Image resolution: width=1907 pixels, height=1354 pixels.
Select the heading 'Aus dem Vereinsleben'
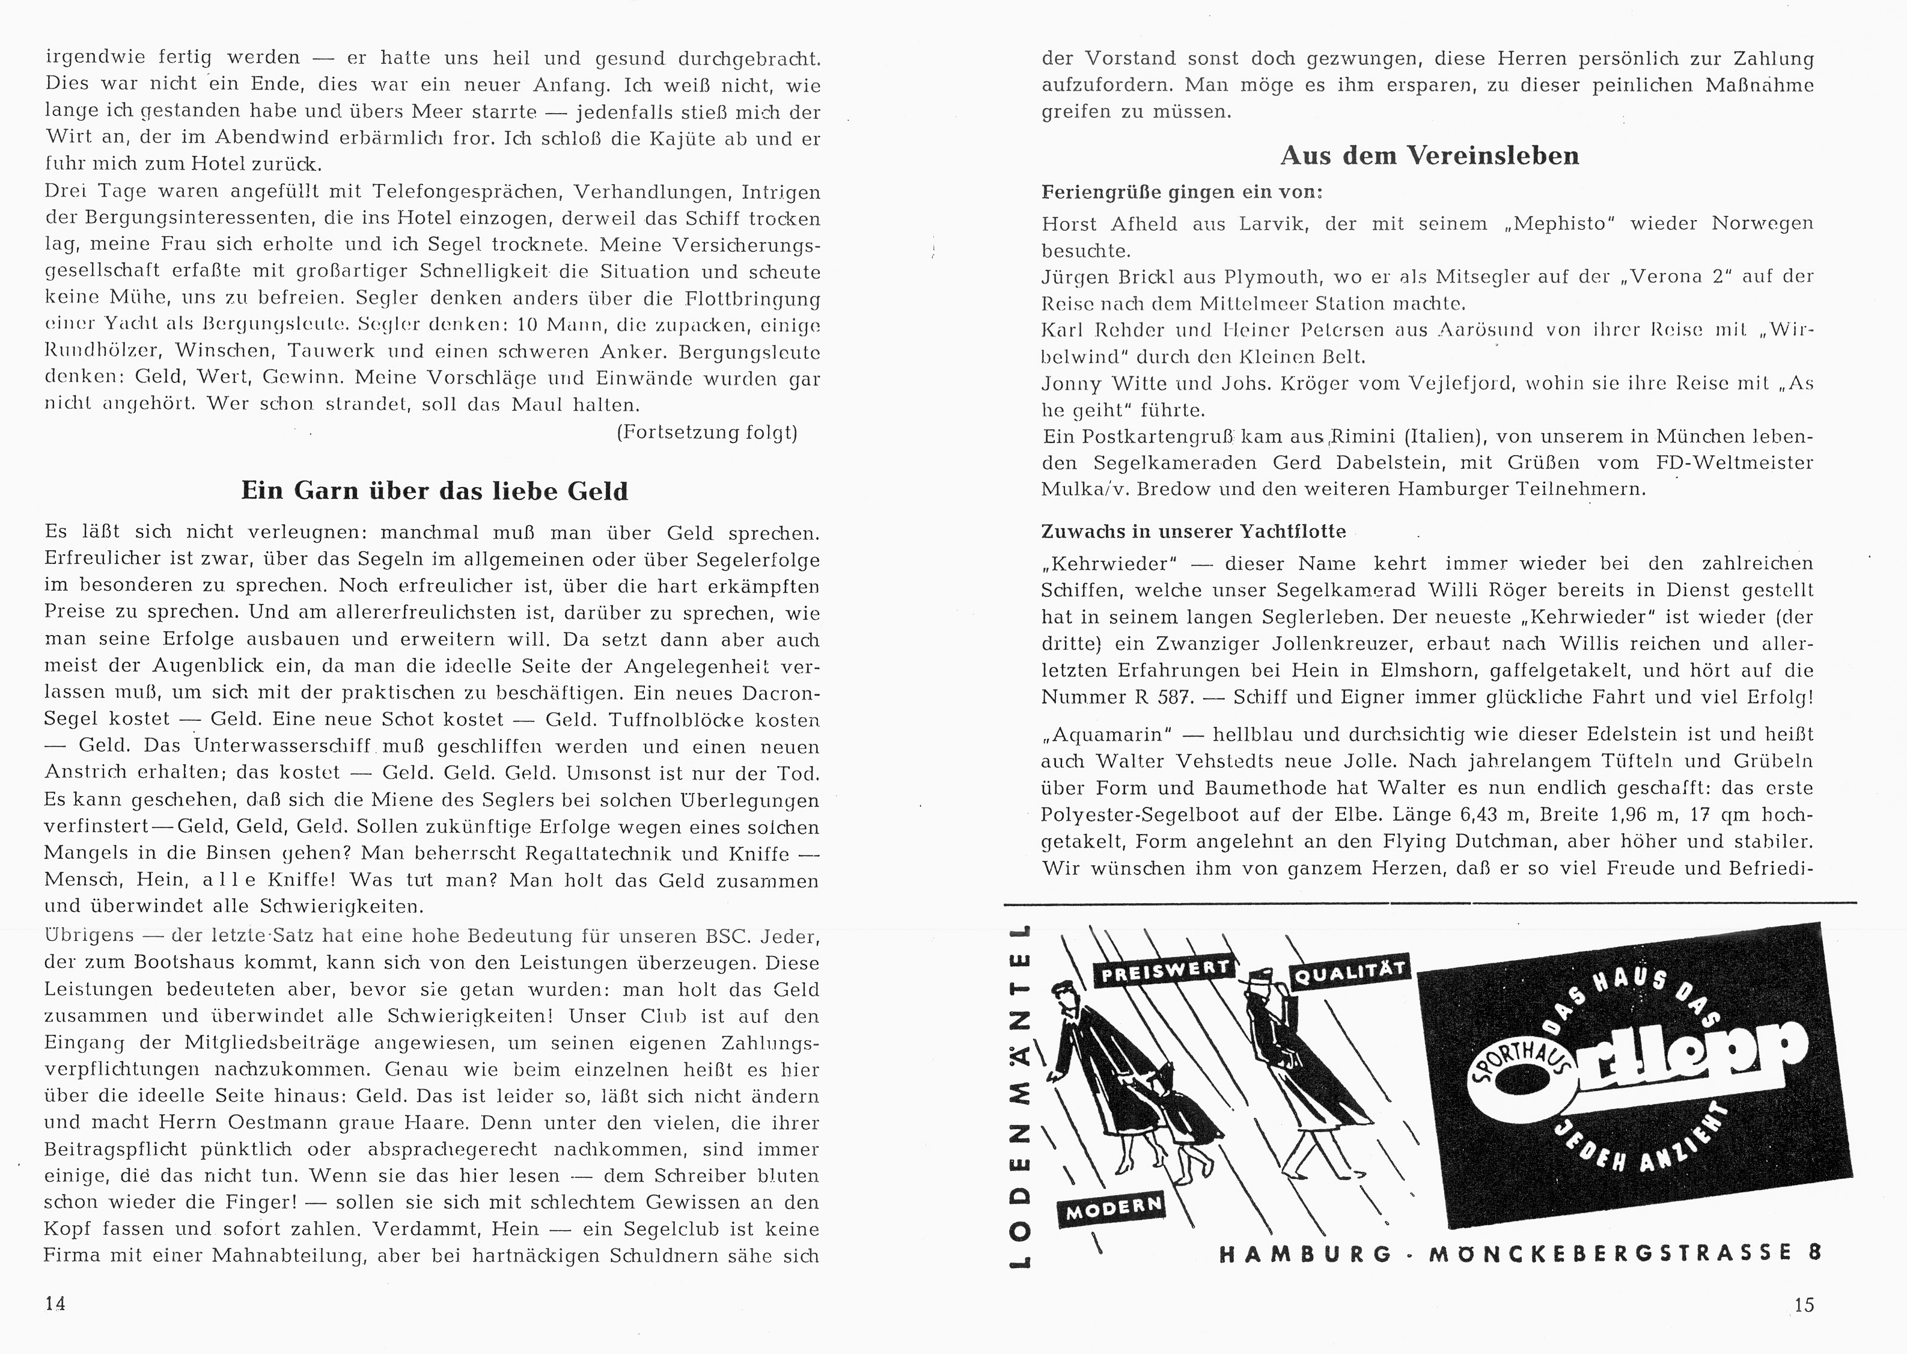(x=1429, y=156)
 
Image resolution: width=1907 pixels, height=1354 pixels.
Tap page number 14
(x=55, y=1303)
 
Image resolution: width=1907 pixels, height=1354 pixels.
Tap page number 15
(x=1804, y=1305)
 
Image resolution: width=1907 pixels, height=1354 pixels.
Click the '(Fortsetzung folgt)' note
(x=707, y=433)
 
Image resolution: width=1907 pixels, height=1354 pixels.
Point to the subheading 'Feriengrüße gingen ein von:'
(x=1182, y=192)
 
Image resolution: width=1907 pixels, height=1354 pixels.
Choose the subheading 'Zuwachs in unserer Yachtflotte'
(x=1194, y=531)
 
